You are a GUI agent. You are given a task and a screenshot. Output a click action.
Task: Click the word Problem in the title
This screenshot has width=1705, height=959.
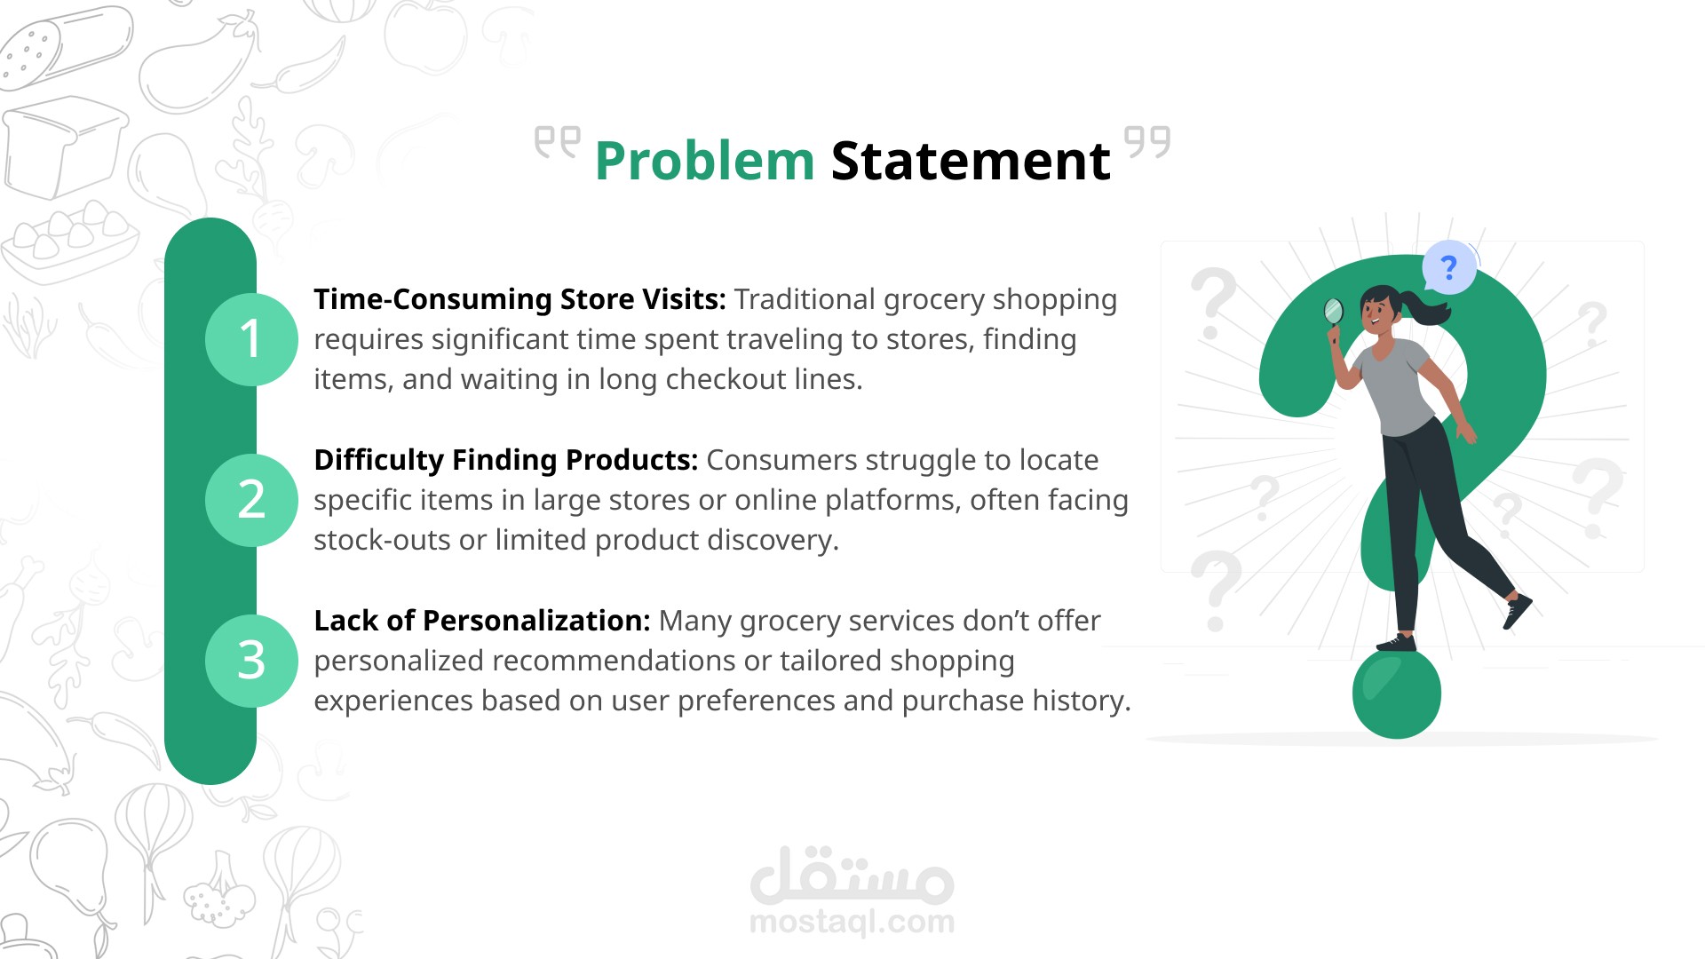[x=704, y=162]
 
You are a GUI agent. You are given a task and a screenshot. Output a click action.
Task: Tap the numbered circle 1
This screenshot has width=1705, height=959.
[x=251, y=339]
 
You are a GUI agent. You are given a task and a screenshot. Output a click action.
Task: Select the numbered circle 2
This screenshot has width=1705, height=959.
[x=251, y=500]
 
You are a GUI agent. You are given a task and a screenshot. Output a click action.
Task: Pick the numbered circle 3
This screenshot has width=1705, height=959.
[x=251, y=661]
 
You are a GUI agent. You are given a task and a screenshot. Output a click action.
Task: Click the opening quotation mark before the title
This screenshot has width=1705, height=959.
[x=557, y=142]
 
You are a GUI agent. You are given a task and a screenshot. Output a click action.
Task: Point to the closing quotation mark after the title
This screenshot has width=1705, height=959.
[x=1147, y=142]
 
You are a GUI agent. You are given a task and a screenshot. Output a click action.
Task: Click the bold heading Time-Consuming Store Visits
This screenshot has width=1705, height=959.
[x=520, y=300]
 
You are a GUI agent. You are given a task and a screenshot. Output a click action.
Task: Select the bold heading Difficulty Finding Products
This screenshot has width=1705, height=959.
[x=506, y=461]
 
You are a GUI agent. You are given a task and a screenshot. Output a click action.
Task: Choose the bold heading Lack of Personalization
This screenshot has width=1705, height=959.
[x=482, y=621]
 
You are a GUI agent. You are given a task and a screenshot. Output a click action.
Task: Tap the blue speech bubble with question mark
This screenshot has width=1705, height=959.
[x=1448, y=267]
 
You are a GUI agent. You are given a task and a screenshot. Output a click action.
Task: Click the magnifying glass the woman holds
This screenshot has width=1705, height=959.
[x=1333, y=317]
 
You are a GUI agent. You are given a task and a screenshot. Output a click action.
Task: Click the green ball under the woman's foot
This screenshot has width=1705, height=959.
[x=1397, y=693]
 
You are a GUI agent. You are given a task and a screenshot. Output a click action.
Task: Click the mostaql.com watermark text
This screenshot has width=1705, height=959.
[x=852, y=922]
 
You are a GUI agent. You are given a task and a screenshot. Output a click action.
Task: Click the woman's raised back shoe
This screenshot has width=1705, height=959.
[x=1518, y=611]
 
